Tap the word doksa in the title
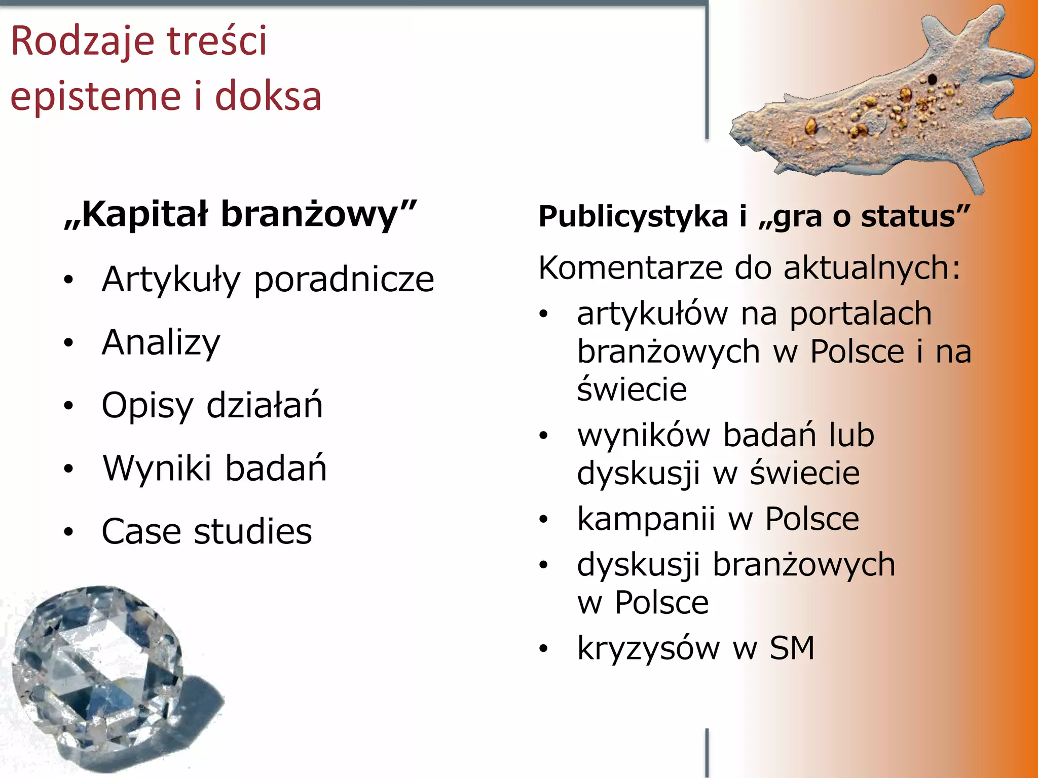(268, 96)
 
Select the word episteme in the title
(96, 96)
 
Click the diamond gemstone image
(101, 674)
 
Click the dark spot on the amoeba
(932, 79)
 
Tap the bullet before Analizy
(68, 343)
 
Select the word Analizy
(161, 343)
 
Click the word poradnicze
(344, 280)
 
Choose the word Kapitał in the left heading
(144, 215)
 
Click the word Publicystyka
(633, 217)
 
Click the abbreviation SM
(792, 648)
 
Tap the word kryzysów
(648, 649)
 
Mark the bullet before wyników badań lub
(544, 436)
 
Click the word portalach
(861, 314)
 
